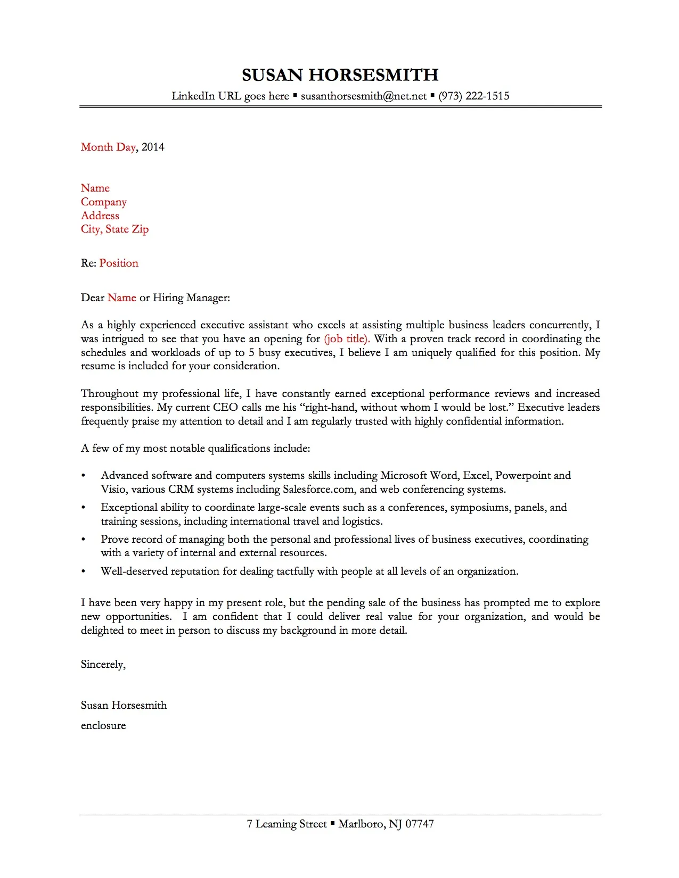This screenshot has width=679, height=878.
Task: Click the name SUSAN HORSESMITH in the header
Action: (340, 75)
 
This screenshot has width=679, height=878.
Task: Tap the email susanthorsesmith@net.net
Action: (364, 96)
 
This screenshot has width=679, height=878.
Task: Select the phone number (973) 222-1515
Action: (473, 96)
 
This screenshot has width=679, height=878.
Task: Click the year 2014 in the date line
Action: (153, 147)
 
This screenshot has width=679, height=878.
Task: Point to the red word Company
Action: (104, 202)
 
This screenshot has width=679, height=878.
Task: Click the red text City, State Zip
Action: (114, 229)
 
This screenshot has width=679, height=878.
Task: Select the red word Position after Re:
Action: (119, 263)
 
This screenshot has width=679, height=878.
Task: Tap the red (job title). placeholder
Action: (347, 339)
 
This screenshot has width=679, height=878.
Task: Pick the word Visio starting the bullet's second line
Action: (113, 490)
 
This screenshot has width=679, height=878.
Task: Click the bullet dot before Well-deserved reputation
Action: (83, 572)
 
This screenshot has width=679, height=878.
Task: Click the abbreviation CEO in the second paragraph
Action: (225, 408)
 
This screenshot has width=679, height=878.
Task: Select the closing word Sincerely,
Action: (103, 665)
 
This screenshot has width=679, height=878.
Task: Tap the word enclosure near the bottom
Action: (103, 726)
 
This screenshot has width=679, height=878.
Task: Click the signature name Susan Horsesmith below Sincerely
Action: (124, 706)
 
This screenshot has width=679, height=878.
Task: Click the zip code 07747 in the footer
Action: (420, 824)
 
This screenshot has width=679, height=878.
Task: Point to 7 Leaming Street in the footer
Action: (287, 824)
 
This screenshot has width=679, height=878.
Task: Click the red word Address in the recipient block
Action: (100, 216)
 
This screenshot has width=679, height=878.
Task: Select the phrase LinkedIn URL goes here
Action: (230, 96)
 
